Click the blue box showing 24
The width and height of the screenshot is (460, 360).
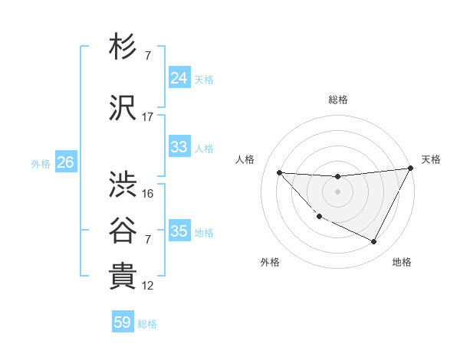[179, 77]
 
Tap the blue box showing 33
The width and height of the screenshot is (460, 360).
[179, 147]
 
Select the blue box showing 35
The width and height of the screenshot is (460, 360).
[179, 231]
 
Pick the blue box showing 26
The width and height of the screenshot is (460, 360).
[65, 162]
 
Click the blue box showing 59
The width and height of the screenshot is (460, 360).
[123, 322]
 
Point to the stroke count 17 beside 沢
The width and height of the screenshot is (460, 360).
[148, 117]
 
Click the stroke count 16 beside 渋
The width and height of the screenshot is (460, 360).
[148, 194]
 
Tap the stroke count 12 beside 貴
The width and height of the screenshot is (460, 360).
[148, 286]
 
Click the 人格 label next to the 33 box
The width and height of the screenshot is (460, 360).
[204, 148]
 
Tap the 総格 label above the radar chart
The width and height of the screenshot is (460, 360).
[337, 100]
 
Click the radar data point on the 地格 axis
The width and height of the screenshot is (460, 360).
[374, 242]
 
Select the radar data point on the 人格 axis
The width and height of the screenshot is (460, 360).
[279, 172]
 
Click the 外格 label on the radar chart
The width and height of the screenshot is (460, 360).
[270, 262]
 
